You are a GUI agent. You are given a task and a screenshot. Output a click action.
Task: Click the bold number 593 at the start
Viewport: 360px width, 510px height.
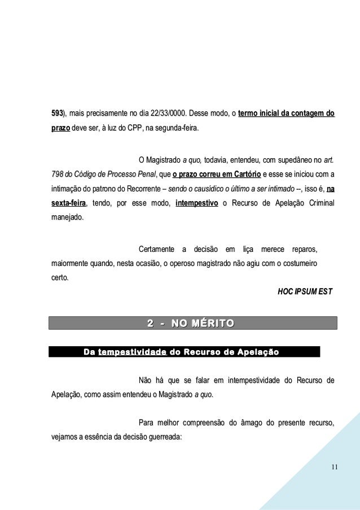pos(57,115)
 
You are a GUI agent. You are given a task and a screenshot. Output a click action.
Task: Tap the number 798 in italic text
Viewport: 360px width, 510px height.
pos(57,173)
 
